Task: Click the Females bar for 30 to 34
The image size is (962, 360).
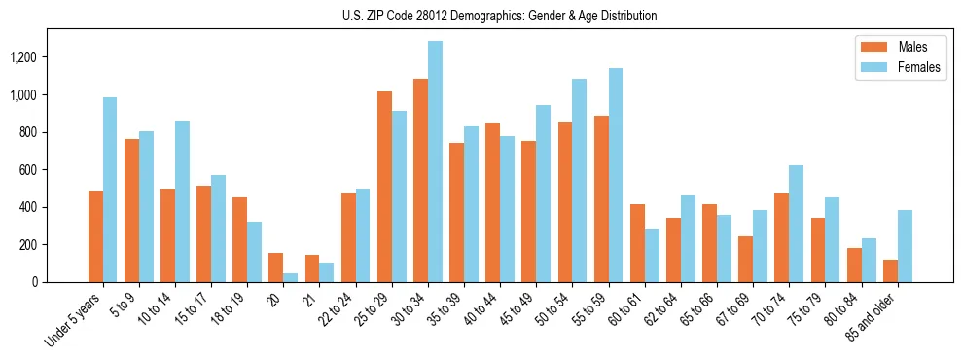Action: click(x=435, y=162)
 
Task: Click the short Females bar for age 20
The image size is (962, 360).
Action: click(x=291, y=277)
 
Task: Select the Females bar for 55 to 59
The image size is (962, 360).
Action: click(x=615, y=175)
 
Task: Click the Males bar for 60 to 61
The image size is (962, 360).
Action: click(x=637, y=243)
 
